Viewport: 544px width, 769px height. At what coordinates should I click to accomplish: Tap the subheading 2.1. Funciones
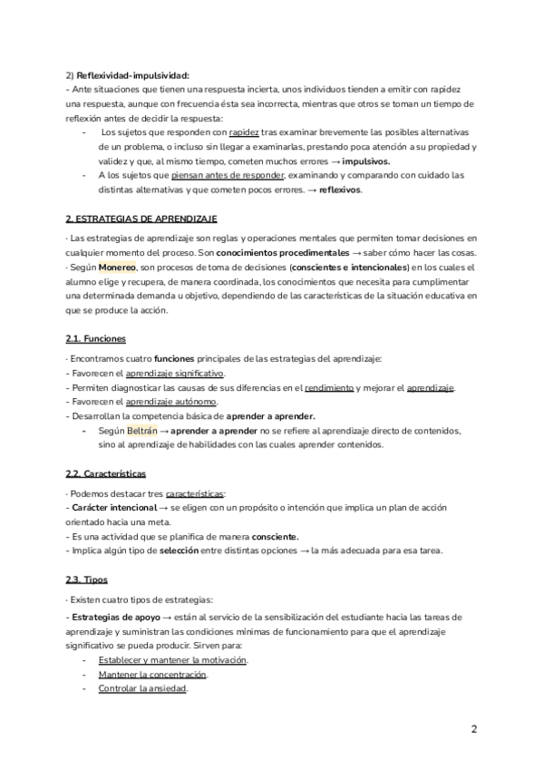[x=96, y=339]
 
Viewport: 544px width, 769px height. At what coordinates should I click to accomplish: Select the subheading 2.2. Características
[x=106, y=474]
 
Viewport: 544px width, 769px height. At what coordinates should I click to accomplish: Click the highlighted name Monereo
[x=117, y=268]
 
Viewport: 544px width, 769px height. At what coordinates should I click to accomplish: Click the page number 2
[x=474, y=729]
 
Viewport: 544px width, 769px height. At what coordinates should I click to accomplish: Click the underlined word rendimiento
[x=332, y=388]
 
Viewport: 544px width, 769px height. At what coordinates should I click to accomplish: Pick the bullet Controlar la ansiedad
[x=142, y=689]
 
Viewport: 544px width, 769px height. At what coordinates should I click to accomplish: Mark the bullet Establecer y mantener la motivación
[x=172, y=660]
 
